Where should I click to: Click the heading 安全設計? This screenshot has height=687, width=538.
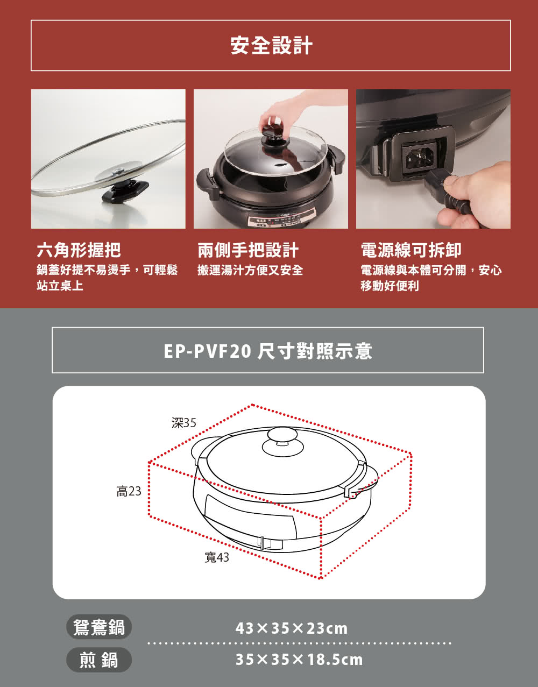point(271,46)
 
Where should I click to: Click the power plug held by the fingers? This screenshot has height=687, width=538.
point(447,192)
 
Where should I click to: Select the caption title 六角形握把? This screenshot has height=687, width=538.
point(79,250)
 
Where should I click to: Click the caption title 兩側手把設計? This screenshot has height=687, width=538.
point(248,250)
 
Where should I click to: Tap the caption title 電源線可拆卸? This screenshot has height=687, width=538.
point(410,250)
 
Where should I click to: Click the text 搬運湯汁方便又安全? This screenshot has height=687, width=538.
point(250,270)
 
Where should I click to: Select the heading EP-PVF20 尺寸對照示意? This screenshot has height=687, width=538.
point(268,351)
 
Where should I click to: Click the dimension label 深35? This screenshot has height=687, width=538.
point(184,423)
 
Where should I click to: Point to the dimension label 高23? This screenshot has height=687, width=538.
point(129,491)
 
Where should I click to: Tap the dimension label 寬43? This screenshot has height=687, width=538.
point(217,558)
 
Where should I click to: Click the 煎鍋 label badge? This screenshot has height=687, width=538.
point(99,660)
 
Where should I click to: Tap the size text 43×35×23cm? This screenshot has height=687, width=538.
point(292,628)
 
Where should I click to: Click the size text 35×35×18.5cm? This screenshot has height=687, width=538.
point(299,660)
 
